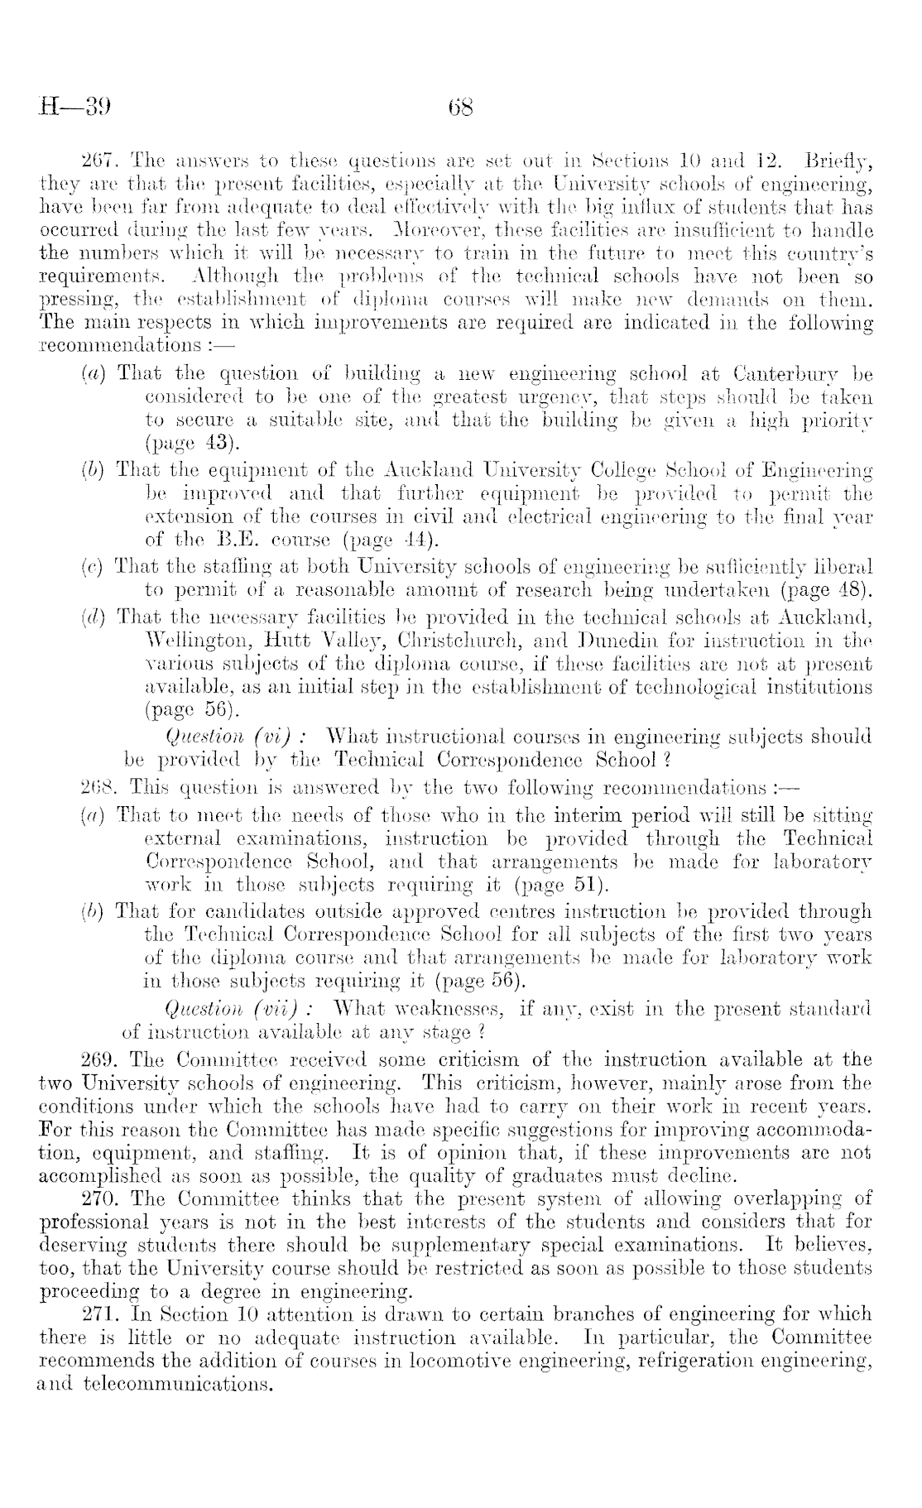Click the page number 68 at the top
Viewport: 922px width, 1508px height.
point(459,108)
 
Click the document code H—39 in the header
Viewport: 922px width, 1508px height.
point(75,108)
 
